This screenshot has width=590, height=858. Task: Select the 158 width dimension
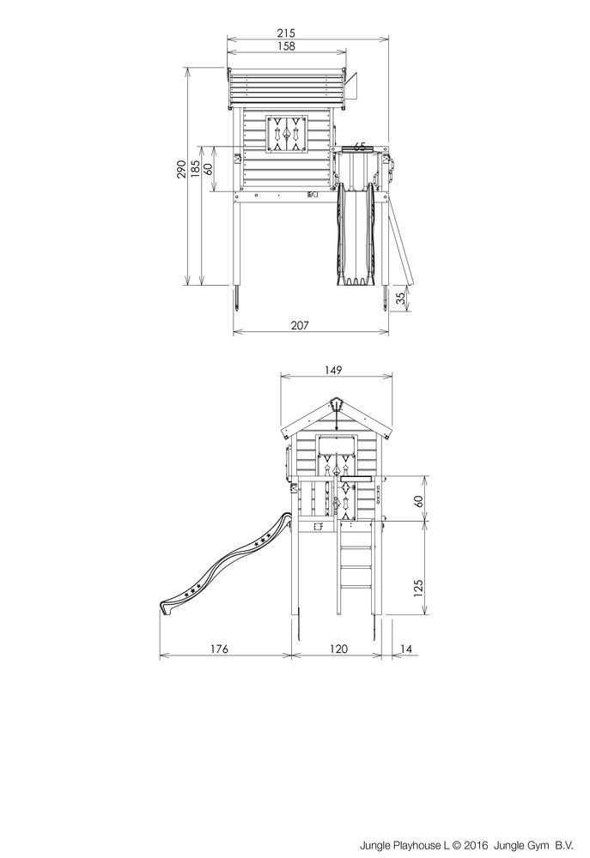click(x=286, y=46)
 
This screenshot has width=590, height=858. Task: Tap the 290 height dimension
click(x=181, y=169)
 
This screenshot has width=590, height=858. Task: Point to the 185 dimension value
click(x=195, y=169)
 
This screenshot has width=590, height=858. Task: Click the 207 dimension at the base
click(x=300, y=325)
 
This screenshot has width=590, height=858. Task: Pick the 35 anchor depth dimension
click(x=401, y=299)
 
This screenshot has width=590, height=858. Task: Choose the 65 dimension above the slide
click(x=359, y=146)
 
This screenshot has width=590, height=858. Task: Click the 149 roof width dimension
click(x=332, y=371)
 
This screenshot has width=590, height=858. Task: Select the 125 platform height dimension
click(x=418, y=589)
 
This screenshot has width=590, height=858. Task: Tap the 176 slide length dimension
click(x=219, y=649)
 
